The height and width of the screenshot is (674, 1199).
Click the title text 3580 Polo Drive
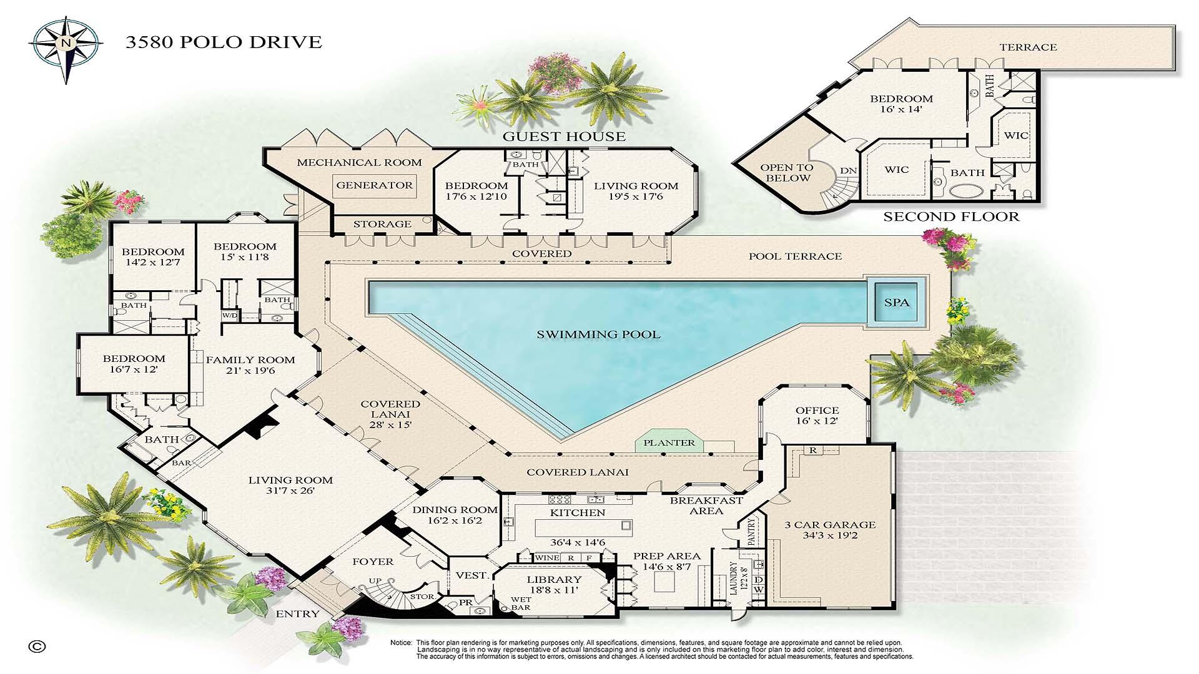tap(224, 42)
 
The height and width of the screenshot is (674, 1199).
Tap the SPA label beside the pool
tap(897, 303)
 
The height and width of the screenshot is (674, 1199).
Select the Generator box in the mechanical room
tap(375, 185)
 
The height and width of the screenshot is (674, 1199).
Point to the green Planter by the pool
tap(669, 442)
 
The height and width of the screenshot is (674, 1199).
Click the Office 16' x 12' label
tap(817, 416)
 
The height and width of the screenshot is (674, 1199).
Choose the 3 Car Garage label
tap(830, 530)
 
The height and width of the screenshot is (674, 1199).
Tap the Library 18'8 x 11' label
tap(553, 585)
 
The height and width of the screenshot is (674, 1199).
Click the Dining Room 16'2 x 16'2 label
tap(455, 515)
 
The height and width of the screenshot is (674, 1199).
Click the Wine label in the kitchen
tap(548, 558)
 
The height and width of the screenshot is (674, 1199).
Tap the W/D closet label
tap(229, 315)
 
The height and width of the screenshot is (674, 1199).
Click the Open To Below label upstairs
tap(786, 173)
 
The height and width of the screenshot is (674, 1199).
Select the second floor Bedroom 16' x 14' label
tap(901, 104)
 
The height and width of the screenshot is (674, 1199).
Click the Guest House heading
tap(564, 137)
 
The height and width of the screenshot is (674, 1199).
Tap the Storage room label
tap(382, 224)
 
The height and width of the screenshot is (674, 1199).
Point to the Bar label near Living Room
tap(181, 463)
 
